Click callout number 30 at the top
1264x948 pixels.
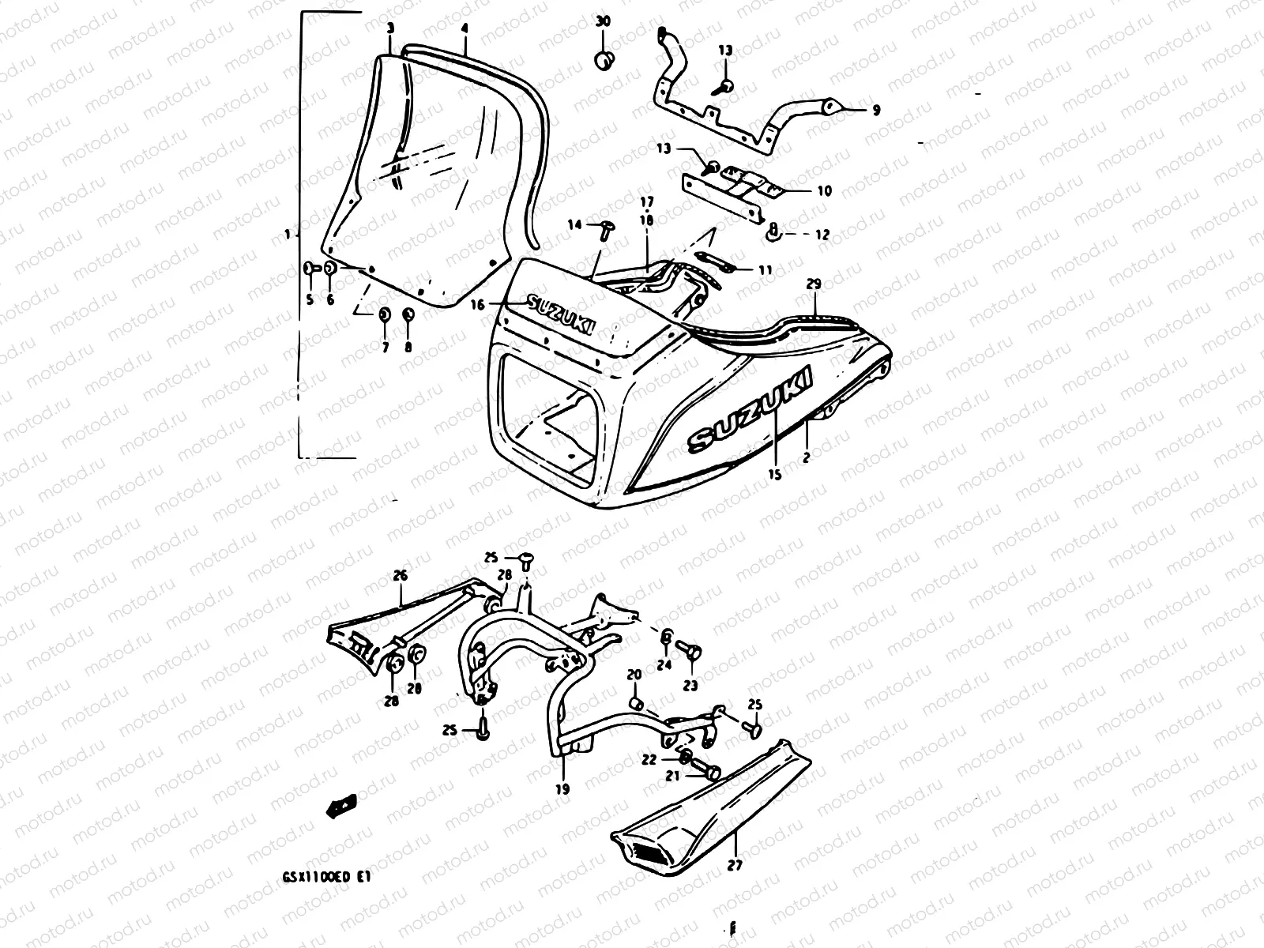tap(603, 21)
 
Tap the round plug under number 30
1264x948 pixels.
tap(604, 61)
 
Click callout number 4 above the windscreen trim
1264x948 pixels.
tap(465, 28)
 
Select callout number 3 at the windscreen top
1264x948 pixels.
tap(390, 28)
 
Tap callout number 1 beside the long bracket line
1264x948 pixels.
tap(289, 235)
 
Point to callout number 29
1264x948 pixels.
tap(814, 283)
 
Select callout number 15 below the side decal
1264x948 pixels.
tap(774, 475)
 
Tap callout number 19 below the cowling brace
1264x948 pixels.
tap(563, 788)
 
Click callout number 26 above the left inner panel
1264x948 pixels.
tap(400, 576)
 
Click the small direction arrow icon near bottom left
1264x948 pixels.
tap(341, 806)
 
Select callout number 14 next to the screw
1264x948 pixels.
tap(574, 225)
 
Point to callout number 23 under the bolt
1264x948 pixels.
tap(690, 686)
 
